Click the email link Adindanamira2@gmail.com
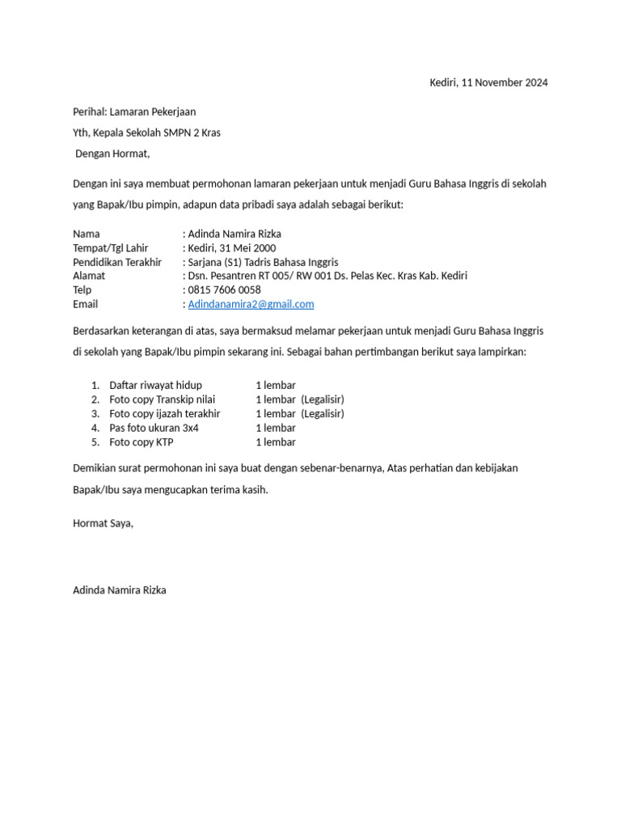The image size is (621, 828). (251, 304)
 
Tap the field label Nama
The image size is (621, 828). (87, 234)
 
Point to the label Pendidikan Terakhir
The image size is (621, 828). (117, 262)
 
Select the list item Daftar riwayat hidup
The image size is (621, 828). (155, 385)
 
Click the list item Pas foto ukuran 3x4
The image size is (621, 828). (154, 428)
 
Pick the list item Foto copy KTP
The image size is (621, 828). (142, 442)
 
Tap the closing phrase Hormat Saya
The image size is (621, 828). (103, 523)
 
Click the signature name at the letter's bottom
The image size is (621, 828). (120, 590)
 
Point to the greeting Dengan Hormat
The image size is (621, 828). (112, 154)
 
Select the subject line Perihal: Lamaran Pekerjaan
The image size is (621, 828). (134, 112)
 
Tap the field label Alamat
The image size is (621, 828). (89, 276)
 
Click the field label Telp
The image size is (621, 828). (82, 289)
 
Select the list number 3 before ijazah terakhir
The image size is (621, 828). (95, 413)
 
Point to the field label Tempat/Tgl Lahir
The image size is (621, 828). (111, 248)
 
